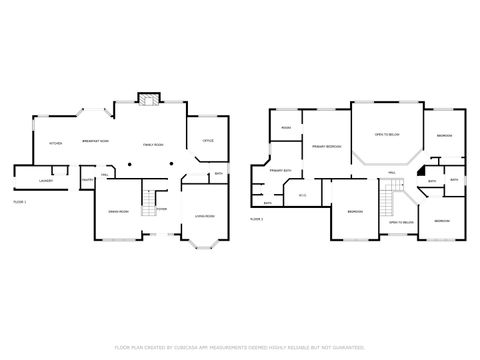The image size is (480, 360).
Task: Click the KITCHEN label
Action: click(55, 143)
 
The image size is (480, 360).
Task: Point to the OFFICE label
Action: click(209, 141)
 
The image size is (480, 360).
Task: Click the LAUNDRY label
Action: click(45, 181)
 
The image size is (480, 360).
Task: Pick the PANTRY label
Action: click(87, 179)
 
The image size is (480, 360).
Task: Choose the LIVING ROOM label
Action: click(204, 217)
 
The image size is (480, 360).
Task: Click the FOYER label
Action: click(160, 209)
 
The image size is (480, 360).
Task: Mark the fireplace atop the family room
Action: click(149, 99)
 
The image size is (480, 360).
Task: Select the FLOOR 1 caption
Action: click(19, 202)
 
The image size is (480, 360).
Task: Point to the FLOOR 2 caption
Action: click(256, 218)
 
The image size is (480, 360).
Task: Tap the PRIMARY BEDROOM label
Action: click(326, 147)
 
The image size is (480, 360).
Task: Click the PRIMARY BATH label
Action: click(280, 171)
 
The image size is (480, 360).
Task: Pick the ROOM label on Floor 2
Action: click(286, 128)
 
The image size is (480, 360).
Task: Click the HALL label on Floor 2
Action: click(391, 172)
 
